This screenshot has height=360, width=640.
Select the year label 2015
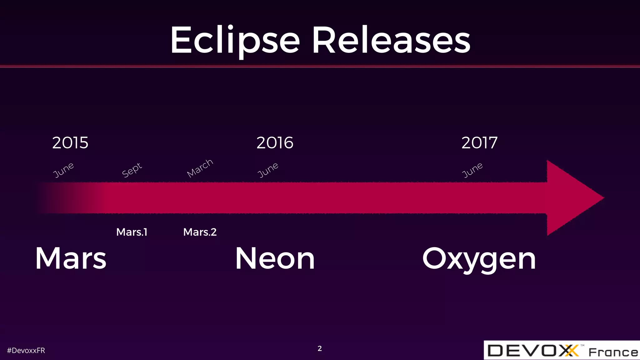tap(70, 143)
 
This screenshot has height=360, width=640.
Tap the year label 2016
tap(275, 143)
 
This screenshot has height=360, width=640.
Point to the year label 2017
tap(479, 143)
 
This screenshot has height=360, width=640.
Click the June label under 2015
tap(63, 170)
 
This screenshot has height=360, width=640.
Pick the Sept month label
tap(132, 170)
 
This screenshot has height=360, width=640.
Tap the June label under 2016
tap(268, 170)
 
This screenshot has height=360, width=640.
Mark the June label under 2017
tap(472, 170)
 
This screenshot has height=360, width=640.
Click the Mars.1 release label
tap(132, 232)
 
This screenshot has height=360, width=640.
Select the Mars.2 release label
tap(200, 232)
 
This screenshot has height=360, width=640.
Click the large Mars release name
tap(71, 258)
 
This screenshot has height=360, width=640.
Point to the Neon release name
tap(275, 258)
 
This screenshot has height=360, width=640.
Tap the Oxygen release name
tap(479, 259)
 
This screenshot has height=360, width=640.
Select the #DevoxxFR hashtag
tap(26, 351)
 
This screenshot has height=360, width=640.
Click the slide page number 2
tap(320, 348)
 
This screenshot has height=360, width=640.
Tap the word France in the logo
tap(613, 352)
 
